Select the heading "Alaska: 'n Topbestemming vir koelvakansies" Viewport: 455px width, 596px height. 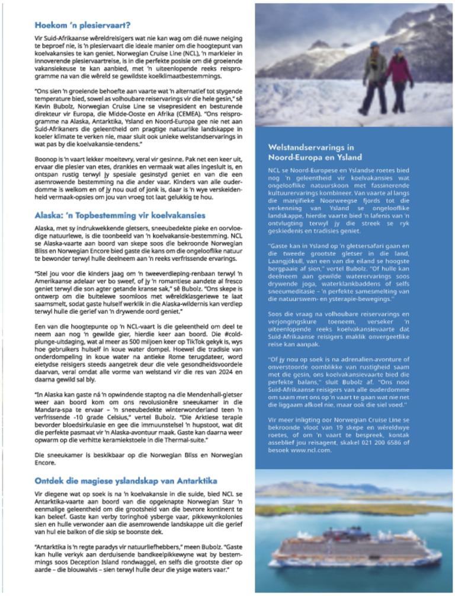pos(120,215)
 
